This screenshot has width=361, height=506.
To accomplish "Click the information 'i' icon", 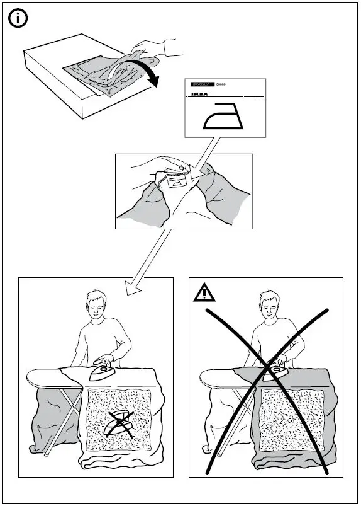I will click(19, 18).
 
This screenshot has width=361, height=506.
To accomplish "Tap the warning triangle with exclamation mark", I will click(204, 293).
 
